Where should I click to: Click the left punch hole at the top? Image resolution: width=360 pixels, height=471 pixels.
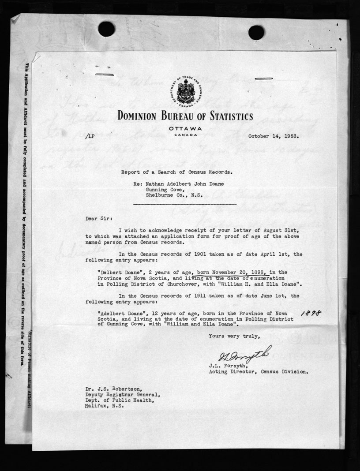point(106,29)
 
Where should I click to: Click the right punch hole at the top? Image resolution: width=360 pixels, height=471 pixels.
point(256,32)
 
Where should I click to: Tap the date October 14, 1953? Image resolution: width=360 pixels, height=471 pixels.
point(274,136)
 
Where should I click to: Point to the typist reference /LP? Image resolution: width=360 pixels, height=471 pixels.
point(91,137)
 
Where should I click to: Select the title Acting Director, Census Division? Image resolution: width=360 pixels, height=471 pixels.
point(258,372)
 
